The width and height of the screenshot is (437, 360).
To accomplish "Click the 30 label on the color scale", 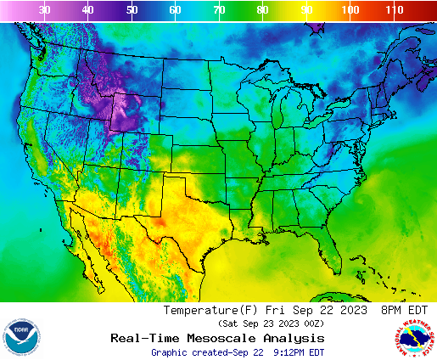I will (44, 10).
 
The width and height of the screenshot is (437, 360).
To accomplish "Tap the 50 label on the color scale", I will (132, 10).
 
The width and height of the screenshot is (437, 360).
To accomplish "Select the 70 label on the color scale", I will (219, 10).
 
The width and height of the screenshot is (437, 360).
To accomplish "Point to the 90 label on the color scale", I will (306, 10).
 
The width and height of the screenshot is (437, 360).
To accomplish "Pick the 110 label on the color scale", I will (393, 10).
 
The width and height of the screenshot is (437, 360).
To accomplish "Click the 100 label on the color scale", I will (349, 10).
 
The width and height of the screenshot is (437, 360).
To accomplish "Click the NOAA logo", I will (21, 336).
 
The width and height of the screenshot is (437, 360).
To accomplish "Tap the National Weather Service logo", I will (413, 336).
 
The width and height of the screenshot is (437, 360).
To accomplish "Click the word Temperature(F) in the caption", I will (210, 311).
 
